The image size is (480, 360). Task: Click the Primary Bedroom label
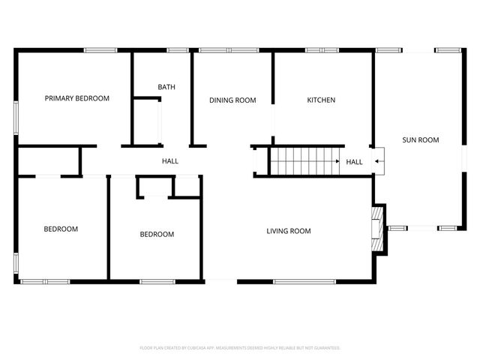(x=76, y=98)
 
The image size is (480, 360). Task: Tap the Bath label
(x=166, y=87)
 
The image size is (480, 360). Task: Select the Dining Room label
(x=232, y=100)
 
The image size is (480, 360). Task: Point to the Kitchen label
(x=321, y=100)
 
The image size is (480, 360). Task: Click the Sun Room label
(x=420, y=139)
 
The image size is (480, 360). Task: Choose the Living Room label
(x=289, y=231)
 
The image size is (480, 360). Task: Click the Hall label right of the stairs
(x=354, y=162)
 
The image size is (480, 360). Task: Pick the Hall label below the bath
(x=170, y=161)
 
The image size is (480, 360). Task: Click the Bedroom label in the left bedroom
(x=61, y=229)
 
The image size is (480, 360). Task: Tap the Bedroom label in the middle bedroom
(x=157, y=234)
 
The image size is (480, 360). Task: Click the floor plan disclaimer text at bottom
(x=240, y=348)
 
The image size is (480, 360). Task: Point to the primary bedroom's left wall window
(x=16, y=118)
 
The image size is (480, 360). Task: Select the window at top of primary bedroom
(x=100, y=50)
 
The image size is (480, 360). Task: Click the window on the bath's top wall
(x=178, y=50)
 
